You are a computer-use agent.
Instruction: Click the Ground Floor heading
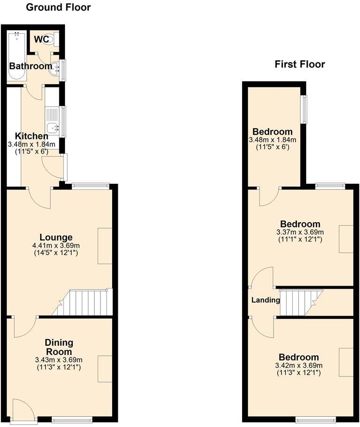[x=58, y=7]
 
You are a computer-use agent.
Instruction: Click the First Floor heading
[x=300, y=64]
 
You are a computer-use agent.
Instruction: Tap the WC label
[x=42, y=39]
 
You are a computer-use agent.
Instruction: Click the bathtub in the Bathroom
[x=17, y=56]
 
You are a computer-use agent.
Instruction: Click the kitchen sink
[x=52, y=128]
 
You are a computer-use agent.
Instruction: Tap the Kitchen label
[x=31, y=136]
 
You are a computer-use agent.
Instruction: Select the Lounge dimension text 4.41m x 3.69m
[x=56, y=246]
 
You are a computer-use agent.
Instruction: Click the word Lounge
[x=56, y=238]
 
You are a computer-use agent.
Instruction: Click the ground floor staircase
[x=82, y=302]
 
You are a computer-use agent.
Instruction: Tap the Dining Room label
[x=59, y=347]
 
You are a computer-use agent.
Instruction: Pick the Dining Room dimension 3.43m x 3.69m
[x=59, y=360]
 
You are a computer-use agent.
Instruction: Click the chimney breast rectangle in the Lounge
[x=105, y=246]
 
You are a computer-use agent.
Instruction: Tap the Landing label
[x=266, y=300]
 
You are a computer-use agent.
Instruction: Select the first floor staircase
[x=301, y=303]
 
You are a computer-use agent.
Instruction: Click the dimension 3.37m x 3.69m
[x=300, y=232]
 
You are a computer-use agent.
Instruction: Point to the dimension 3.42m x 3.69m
[x=299, y=365]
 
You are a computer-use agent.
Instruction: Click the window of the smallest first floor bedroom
[x=303, y=109]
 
